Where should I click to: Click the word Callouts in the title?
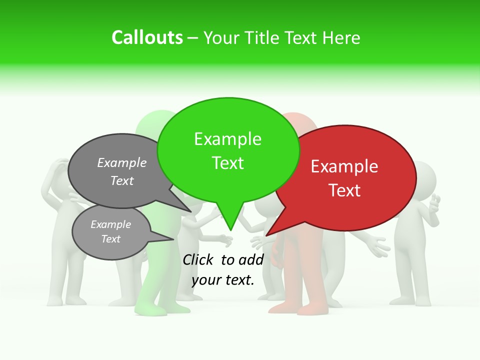[147, 37]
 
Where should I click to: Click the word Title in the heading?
[263, 37]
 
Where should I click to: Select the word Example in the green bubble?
[227, 139]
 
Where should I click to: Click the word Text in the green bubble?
[227, 163]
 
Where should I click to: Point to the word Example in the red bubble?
[344, 166]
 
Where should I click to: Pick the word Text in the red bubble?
[344, 190]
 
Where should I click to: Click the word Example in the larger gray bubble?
[121, 162]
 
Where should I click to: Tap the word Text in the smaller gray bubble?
[110, 239]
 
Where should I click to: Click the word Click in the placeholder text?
[199, 259]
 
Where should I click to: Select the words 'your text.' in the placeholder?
[223, 280]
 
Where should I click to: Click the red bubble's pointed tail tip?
[266, 235]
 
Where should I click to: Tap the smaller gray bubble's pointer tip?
[173, 239]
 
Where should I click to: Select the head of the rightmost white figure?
[423, 178]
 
